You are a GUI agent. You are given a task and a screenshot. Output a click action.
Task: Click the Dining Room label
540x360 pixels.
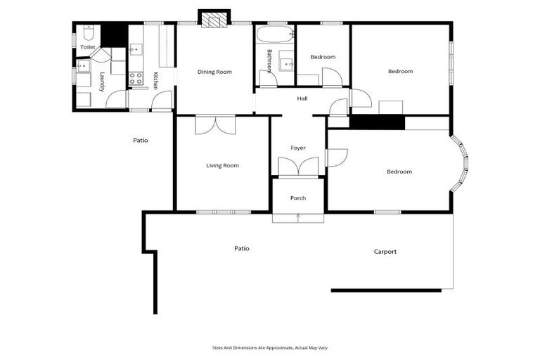coord(214,72)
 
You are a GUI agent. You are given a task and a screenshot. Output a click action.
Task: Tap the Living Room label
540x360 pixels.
coord(222,166)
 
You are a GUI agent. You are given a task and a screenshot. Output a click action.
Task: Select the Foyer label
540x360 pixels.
coord(298,148)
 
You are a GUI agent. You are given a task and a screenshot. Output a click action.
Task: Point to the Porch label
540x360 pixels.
coord(298,198)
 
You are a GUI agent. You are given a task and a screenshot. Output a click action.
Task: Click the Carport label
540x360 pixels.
coord(385,252)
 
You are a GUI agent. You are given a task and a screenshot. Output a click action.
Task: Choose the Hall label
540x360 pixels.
coord(302,98)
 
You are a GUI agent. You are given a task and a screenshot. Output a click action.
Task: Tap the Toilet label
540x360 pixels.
coord(88,47)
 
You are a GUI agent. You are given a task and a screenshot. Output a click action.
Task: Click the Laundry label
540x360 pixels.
coord(102,82)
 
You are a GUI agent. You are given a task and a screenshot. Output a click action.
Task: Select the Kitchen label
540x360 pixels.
coord(155,80)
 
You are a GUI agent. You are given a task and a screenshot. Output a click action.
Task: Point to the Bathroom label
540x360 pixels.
coord(269,60)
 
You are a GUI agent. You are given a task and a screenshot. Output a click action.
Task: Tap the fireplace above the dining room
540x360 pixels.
coord(214,19)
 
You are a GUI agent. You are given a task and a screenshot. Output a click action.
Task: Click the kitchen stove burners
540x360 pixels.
coord(136,78)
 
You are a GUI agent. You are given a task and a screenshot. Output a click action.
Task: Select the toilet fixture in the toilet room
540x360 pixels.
coord(89,33)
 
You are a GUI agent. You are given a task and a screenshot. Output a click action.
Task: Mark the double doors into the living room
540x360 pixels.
coord(216,124)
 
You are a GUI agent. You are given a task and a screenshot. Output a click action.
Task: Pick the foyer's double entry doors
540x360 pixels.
coord(298,167)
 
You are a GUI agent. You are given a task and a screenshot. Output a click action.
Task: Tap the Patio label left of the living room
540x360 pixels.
coord(141,140)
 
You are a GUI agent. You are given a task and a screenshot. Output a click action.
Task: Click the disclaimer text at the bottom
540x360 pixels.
coord(270,347)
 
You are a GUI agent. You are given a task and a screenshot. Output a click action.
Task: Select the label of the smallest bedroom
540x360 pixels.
coord(323,57)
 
